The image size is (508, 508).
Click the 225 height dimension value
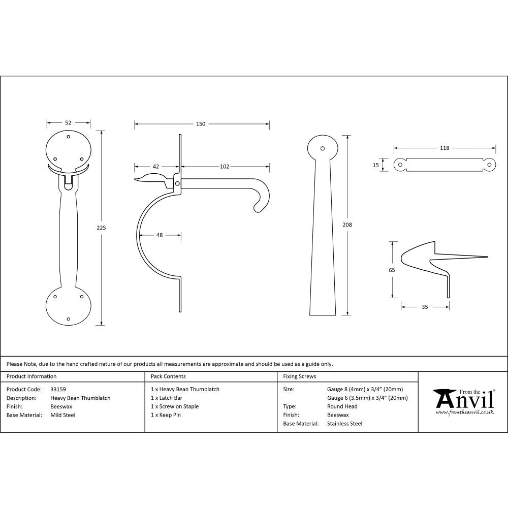pos(101,228)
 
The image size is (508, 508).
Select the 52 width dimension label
pos(68,122)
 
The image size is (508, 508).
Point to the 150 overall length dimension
pos(201,124)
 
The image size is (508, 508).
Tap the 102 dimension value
pos(225,166)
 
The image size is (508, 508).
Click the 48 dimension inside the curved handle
pos(159,235)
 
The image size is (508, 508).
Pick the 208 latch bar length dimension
pos(347,225)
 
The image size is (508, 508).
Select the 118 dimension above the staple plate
pos(444,148)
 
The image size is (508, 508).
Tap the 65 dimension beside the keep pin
pos(392,270)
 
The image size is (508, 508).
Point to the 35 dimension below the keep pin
pos(425,306)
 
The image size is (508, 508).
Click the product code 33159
pos(58,389)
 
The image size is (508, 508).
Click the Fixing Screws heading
pos(300,376)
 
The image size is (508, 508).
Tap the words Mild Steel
pos(63,415)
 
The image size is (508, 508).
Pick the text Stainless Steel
pos(344,423)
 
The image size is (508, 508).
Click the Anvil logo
pos(463,401)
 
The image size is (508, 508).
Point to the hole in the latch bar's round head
pos(322,148)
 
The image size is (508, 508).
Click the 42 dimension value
pos(156,166)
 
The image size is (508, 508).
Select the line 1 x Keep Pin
pos(166,415)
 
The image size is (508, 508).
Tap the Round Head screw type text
pos(342,406)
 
